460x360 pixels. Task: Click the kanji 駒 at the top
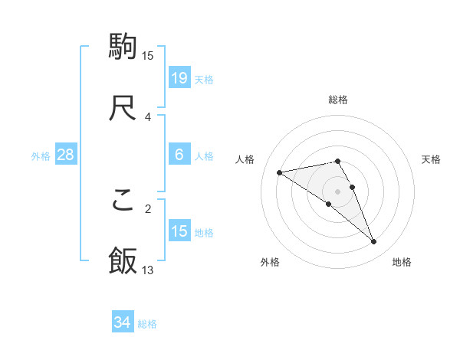pos(123,47)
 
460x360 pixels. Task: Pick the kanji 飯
pos(123,260)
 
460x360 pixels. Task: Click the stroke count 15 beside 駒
pos(148,55)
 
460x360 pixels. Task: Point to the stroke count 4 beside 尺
pos(148,116)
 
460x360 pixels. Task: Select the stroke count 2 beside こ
pos(148,208)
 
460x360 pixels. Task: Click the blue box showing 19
pos(179,78)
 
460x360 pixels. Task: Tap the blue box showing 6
pos(179,155)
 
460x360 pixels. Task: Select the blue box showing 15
pos(179,231)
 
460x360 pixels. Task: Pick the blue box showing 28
pos(66,155)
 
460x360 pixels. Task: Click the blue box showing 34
pos(123,323)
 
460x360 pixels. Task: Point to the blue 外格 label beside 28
pos(41,155)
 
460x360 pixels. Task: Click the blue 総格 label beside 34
pos(147,324)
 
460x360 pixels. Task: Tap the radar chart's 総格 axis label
pos(338,100)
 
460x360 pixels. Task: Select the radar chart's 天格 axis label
pos(431,159)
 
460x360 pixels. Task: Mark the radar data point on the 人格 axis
pos(280,172)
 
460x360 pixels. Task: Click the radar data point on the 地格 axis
pos(374,242)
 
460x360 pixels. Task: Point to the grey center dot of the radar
pos(338,191)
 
